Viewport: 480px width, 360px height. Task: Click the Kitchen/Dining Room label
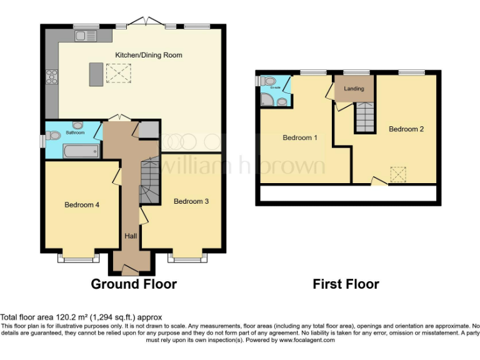coord(149,55)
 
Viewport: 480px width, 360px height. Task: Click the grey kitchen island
coord(96,74)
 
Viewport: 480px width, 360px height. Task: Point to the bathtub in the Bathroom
coord(80,151)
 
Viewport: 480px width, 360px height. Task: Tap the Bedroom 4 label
coord(81,204)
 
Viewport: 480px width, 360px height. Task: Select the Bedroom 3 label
coord(191,201)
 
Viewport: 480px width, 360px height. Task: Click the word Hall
coord(131,236)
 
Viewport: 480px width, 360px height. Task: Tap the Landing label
coord(354,89)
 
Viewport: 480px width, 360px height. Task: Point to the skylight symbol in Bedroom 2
coord(398,172)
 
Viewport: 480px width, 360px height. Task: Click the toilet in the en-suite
coord(268,81)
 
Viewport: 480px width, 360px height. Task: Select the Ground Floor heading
coord(134,284)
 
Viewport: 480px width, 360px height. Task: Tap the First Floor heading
coord(346,284)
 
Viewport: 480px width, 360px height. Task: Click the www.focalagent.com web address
coord(307,341)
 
